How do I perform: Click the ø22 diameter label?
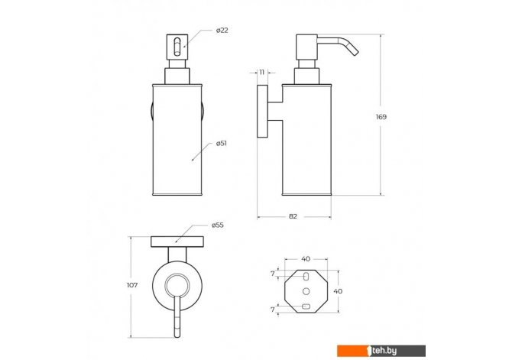(222, 31)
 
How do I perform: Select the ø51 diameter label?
(222, 144)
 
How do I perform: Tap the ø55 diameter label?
(218, 225)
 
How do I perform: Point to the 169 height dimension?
(381, 117)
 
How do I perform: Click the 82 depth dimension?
(293, 216)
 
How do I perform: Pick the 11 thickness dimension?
(262, 73)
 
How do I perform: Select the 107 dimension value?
(132, 285)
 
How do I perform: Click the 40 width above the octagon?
(306, 259)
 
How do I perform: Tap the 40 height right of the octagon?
(338, 290)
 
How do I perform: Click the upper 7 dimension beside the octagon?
(273, 274)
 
